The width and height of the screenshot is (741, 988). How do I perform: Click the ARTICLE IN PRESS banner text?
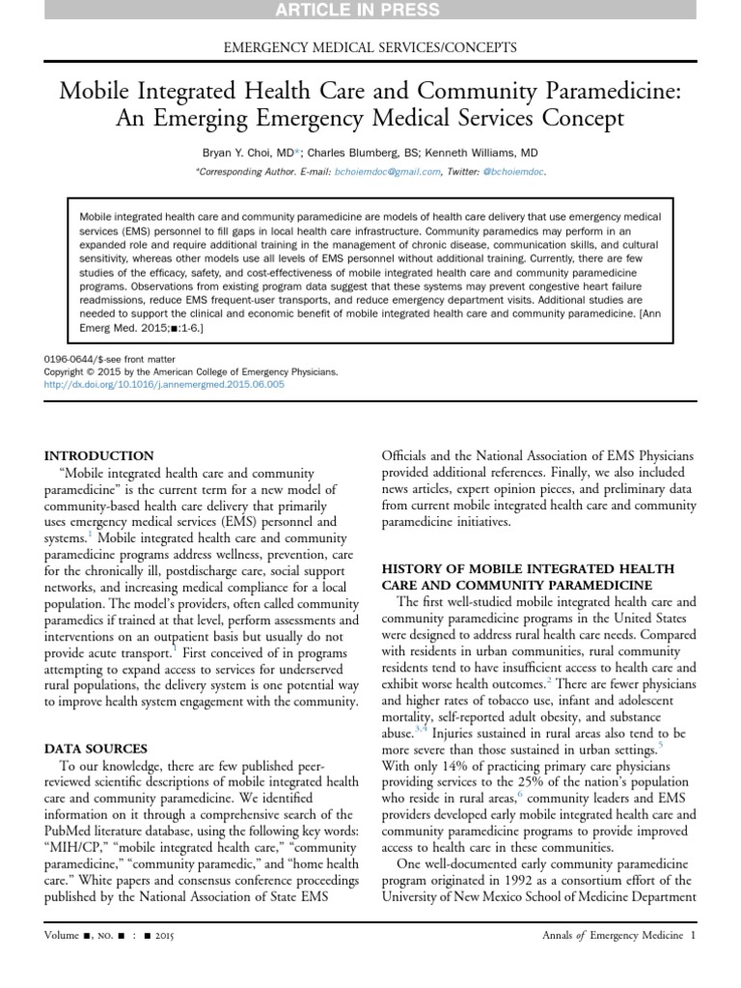coord(370,11)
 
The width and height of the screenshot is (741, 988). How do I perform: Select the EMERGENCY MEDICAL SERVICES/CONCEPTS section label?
coord(370,46)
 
